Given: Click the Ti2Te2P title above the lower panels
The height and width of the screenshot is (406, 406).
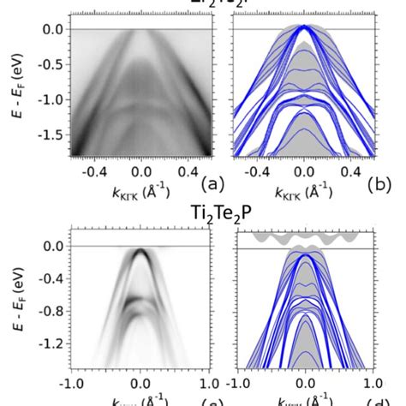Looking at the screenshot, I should (x=203, y=208).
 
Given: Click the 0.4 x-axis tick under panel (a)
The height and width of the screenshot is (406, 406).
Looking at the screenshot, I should (x=185, y=170).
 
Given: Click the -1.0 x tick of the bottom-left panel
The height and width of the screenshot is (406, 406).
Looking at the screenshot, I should (x=71, y=384).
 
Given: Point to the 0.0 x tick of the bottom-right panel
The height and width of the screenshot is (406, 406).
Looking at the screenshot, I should (x=303, y=384).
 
